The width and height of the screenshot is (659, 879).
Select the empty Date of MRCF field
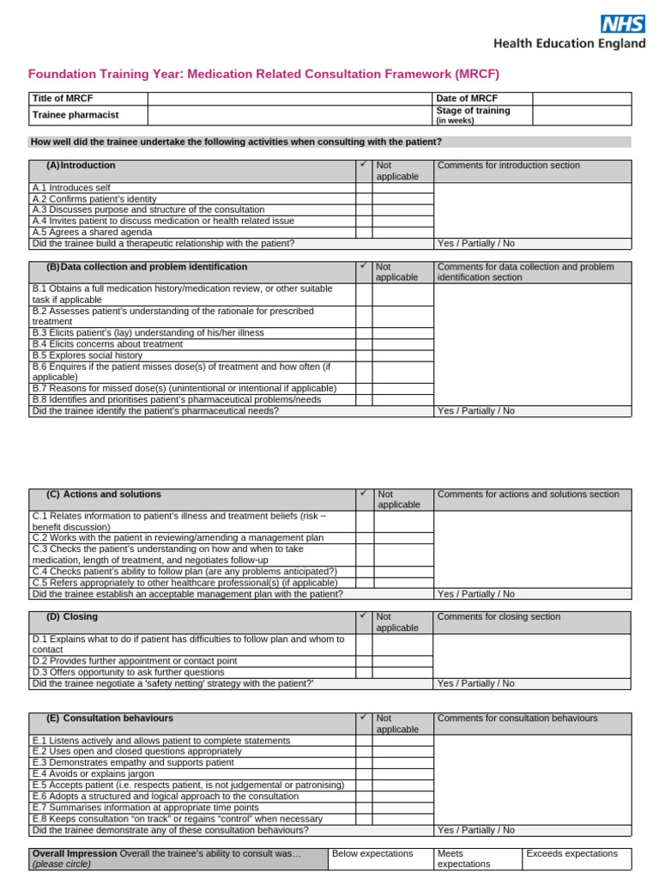(x=581, y=99)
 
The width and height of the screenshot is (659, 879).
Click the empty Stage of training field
(x=581, y=115)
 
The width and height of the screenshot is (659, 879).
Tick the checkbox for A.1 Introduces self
(x=364, y=187)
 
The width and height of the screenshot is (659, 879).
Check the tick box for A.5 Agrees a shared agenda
(x=364, y=232)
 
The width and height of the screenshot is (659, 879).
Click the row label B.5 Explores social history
(x=88, y=355)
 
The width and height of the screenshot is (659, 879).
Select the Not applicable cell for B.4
(x=402, y=343)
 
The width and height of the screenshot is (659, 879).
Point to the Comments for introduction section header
(x=509, y=166)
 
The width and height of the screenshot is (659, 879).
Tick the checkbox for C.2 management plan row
(x=364, y=537)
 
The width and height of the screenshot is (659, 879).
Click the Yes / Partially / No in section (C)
(x=476, y=594)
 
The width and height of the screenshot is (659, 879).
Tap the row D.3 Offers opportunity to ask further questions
(x=128, y=672)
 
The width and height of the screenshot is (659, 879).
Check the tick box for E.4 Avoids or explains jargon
(x=364, y=773)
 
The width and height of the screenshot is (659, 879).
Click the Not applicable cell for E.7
(x=402, y=807)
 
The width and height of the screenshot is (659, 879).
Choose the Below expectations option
(x=372, y=854)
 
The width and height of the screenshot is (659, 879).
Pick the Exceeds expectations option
(x=571, y=854)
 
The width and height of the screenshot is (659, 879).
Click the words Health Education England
(x=569, y=44)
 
